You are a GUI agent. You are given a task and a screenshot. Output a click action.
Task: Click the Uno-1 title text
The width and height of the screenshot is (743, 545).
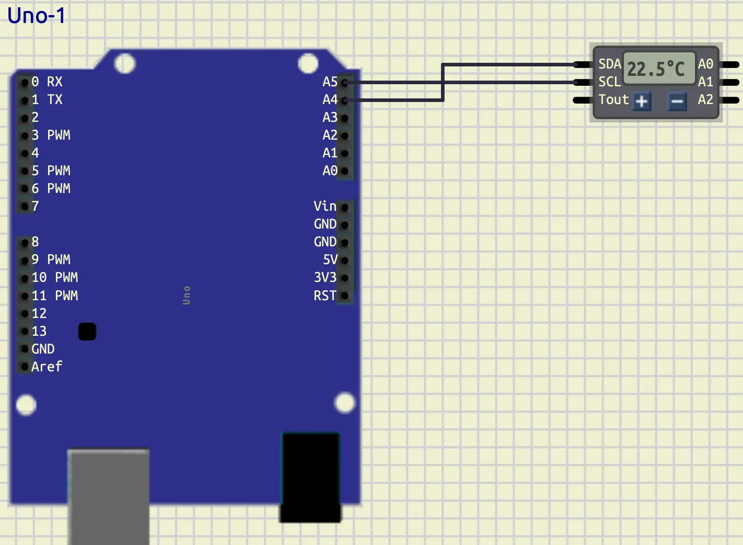click(x=37, y=16)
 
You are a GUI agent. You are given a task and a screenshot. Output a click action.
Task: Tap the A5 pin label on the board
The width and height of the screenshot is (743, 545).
click(x=330, y=82)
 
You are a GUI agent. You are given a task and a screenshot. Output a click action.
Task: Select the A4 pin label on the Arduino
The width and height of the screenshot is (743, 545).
click(x=330, y=99)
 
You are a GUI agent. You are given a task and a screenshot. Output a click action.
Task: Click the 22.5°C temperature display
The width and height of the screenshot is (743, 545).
click(x=656, y=69)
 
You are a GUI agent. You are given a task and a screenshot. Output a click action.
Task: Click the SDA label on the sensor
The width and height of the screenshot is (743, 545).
click(x=609, y=64)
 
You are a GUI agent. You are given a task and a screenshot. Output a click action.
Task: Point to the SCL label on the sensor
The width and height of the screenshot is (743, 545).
click(x=609, y=82)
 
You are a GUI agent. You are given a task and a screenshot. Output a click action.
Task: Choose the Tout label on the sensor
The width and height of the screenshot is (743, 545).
click(x=613, y=99)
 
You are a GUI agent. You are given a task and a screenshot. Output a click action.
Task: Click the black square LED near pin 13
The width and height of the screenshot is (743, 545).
click(x=87, y=332)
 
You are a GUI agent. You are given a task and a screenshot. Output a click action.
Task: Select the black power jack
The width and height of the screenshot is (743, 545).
click(x=311, y=476)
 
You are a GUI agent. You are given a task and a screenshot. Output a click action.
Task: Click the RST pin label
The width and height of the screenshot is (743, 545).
click(x=324, y=296)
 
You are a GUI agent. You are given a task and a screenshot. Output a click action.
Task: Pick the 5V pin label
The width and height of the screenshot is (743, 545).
click(x=330, y=260)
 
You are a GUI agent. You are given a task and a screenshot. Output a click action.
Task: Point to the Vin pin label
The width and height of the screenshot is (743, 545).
click(x=324, y=206)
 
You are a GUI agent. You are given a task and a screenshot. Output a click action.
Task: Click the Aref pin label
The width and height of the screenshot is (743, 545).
click(x=47, y=367)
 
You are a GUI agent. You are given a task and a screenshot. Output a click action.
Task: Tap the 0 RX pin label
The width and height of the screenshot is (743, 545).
click(x=47, y=82)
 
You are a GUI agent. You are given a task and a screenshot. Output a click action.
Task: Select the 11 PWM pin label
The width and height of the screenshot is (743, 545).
click(x=54, y=296)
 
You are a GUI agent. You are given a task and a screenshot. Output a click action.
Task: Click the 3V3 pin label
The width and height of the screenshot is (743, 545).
click(x=324, y=278)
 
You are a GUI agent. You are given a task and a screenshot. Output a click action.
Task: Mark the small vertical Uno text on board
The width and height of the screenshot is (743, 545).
click(x=187, y=296)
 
